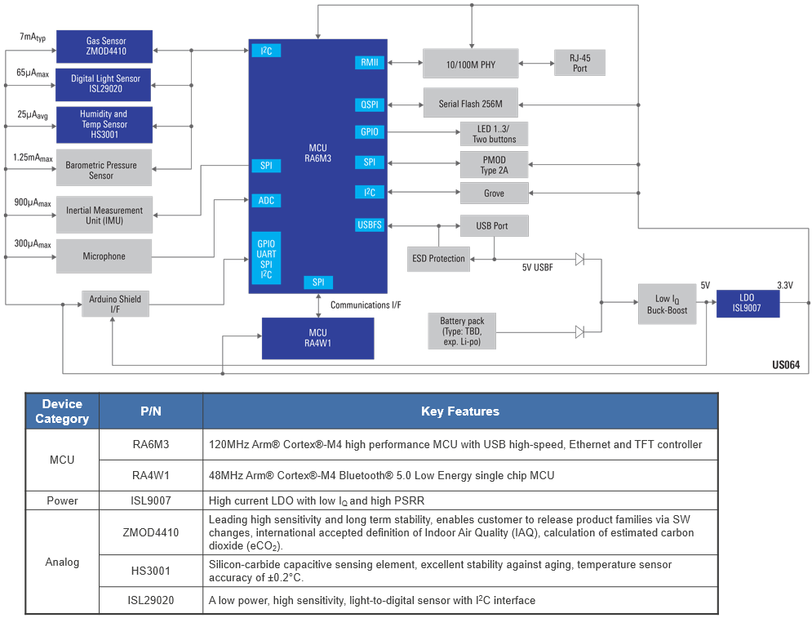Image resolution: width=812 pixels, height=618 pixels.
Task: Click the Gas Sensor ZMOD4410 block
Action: (104, 47)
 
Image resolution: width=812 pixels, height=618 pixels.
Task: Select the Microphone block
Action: (104, 256)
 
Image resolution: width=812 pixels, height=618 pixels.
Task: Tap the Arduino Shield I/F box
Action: (114, 305)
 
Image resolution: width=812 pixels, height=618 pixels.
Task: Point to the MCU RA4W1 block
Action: (317, 338)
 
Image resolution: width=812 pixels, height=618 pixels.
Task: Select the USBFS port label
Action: (370, 225)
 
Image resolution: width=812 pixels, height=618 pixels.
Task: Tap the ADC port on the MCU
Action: (266, 200)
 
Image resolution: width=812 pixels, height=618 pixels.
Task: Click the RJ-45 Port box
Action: (579, 63)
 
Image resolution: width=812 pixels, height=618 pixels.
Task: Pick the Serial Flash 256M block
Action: (470, 103)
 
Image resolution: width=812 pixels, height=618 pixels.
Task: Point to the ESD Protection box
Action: (438, 259)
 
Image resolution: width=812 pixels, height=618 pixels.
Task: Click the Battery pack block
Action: (462, 331)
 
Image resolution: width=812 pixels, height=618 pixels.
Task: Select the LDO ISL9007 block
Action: (748, 304)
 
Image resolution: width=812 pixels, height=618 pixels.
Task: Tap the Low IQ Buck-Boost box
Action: (666, 305)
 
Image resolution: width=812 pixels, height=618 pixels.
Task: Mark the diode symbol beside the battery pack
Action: (579, 332)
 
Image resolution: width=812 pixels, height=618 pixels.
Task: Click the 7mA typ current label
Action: (32, 38)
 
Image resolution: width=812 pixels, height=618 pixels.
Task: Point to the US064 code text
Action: (785, 366)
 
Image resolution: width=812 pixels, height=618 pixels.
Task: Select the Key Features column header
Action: (460, 411)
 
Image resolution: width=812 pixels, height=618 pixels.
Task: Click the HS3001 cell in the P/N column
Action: (150, 571)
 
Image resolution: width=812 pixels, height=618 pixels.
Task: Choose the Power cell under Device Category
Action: (62, 500)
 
